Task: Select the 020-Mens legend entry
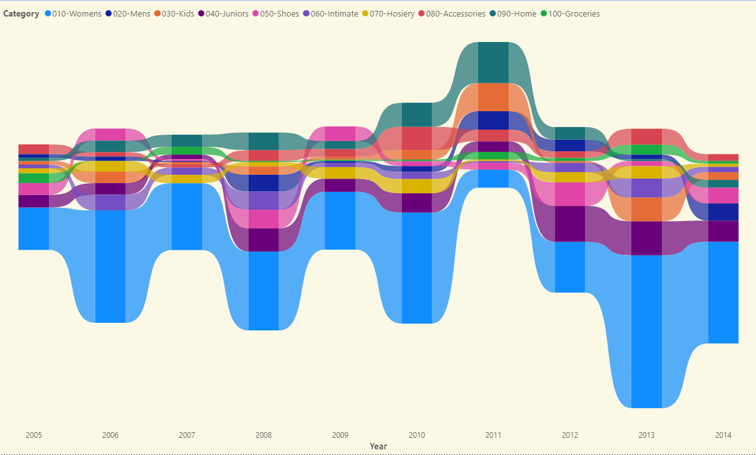click(131, 14)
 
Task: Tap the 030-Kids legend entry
click(177, 14)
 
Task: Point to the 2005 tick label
click(34, 435)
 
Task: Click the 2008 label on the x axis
click(263, 435)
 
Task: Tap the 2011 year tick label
click(493, 435)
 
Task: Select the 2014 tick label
click(723, 435)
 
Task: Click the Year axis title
click(378, 446)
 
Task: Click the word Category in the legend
click(21, 14)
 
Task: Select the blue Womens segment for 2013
click(647, 330)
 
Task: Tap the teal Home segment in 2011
click(493, 62)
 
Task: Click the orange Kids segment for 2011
click(493, 97)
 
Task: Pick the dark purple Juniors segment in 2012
click(570, 224)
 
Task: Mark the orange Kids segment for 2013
click(647, 209)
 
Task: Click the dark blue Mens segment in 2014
click(723, 212)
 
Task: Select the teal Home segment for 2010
click(416, 114)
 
